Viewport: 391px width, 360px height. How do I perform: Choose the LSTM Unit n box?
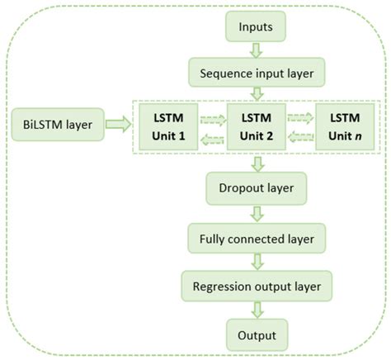pyautogui.click(x=346, y=126)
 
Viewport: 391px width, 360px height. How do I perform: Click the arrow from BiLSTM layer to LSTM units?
pyautogui.click(x=118, y=126)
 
